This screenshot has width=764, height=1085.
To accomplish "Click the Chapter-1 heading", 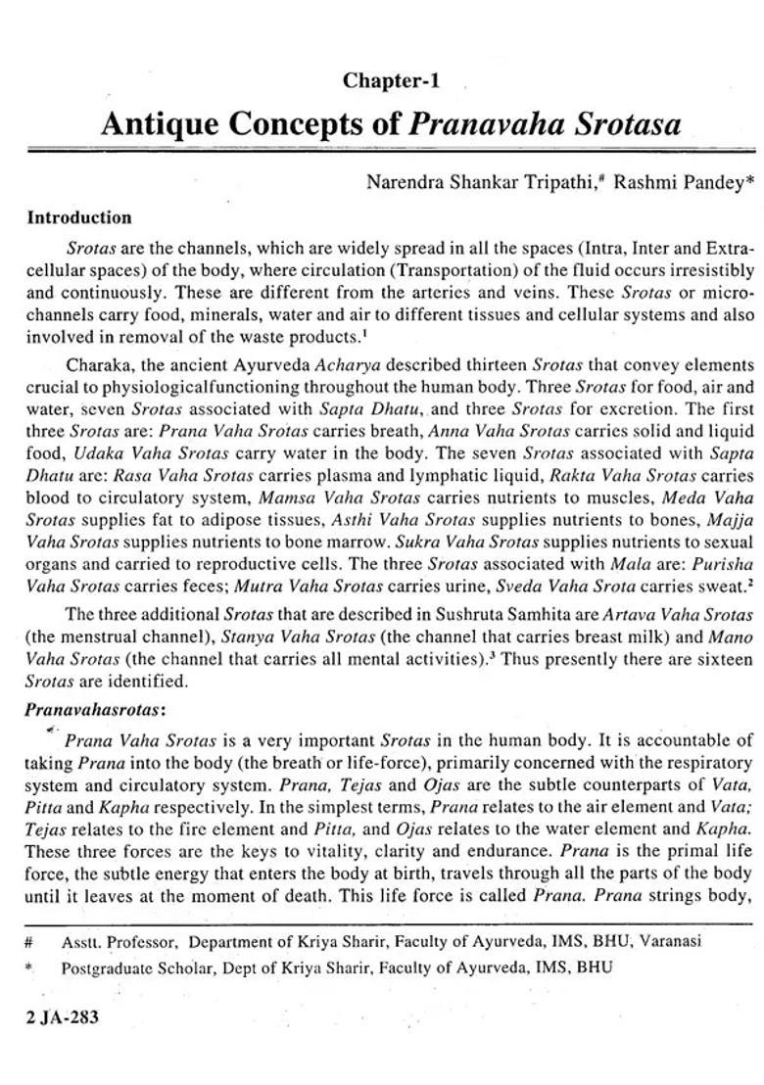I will pos(390,81).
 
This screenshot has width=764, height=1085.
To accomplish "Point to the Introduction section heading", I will pos(79,217).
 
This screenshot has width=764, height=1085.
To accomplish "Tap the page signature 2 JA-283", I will pos(64,1017).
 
